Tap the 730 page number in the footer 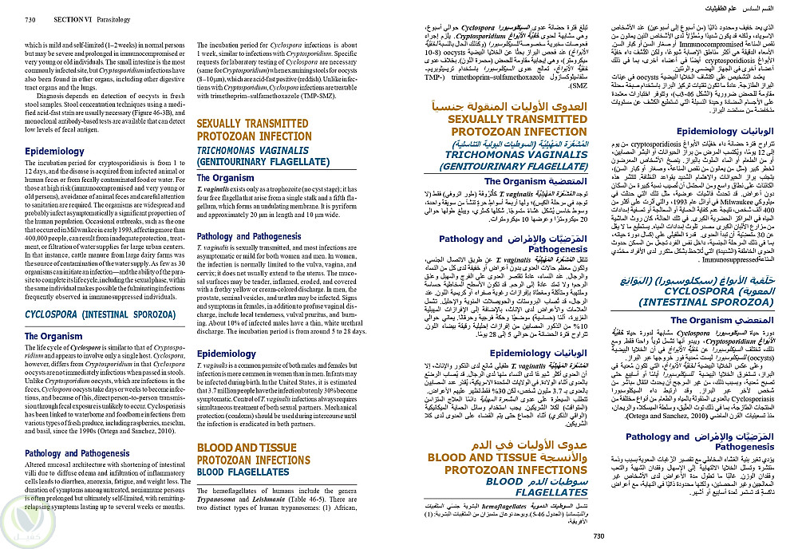(598, 536)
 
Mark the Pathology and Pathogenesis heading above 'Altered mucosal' (77, 453)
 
